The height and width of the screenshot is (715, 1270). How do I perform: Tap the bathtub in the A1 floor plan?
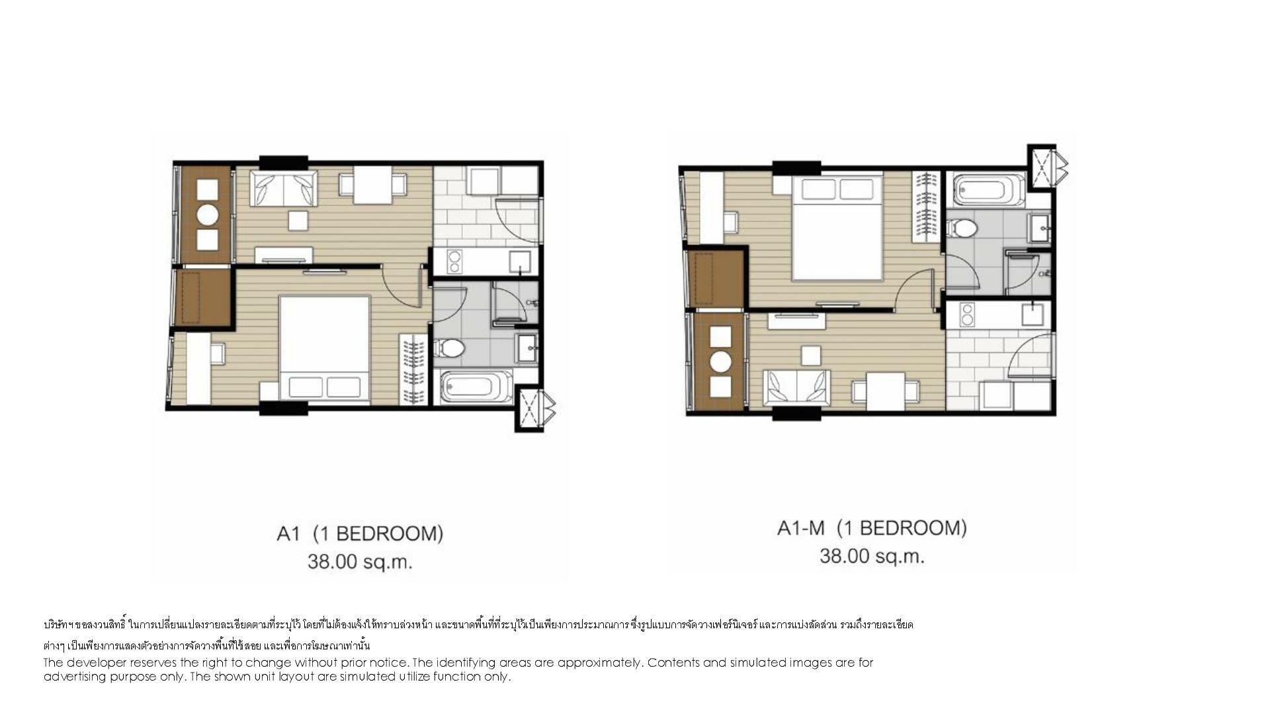pyautogui.click(x=476, y=387)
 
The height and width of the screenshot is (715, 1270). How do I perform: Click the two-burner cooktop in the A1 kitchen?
pyautogui.click(x=454, y=261)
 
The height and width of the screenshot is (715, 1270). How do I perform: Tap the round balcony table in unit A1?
pyautogui.click(x=208, y=215)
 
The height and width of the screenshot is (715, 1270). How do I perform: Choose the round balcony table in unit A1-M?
pyautogui.click(x=720, y=361)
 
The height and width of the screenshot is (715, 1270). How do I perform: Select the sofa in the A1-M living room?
pyautogui.click(x=797, y=388)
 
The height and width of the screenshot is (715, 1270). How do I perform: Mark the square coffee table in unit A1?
pyautogui.click(x=298, y=220)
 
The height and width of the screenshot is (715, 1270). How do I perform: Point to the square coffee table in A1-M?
pyautogui.click(x=811, y=356)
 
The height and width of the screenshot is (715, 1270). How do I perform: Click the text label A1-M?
pyautogui.click(x=801, y=528)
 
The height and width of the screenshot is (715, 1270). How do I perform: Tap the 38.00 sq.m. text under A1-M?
pyautogui.click(x=872, y=556)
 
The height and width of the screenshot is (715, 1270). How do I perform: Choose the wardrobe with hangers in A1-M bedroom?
pyautogui.click(x=927, y=207)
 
